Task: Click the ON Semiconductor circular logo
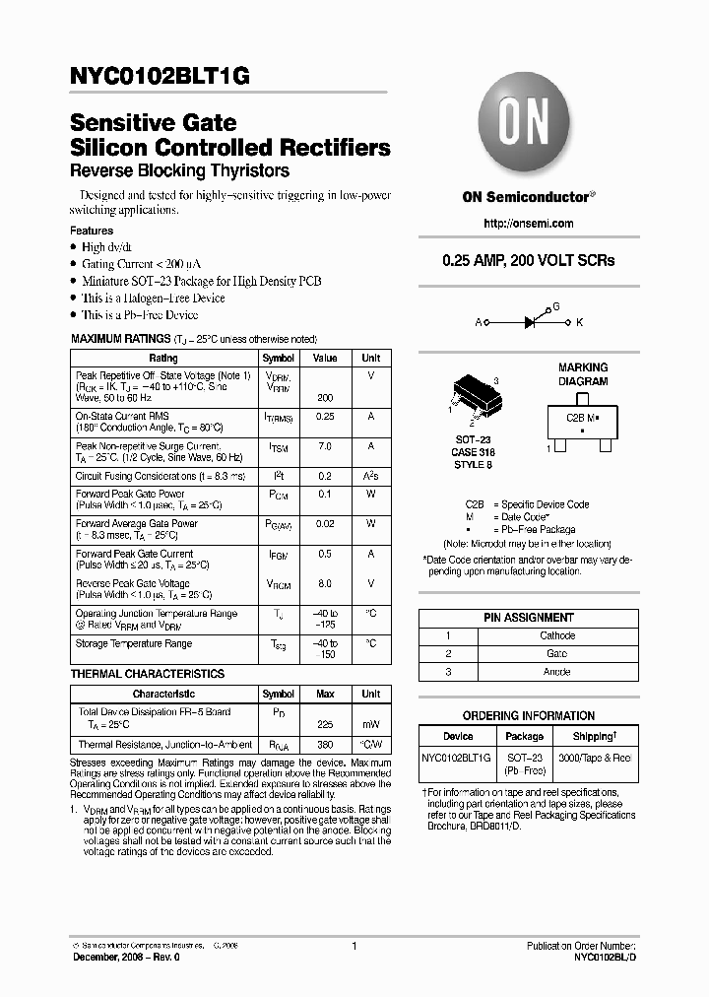(528, 127)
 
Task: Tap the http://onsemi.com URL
(528, 224)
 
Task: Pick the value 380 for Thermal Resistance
(325, 745)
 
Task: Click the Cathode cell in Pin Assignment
(558, 635)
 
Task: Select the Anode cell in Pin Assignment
(558, 671)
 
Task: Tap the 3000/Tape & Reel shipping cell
(595, 757)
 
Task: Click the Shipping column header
(595, 736)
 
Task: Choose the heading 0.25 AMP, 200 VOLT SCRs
(528, 261)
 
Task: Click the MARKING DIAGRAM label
(583, 373)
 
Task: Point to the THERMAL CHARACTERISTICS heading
(148, 674)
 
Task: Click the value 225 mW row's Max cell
(325, 724)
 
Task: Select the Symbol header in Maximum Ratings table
(278, 359)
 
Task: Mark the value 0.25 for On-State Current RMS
(325, 417)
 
